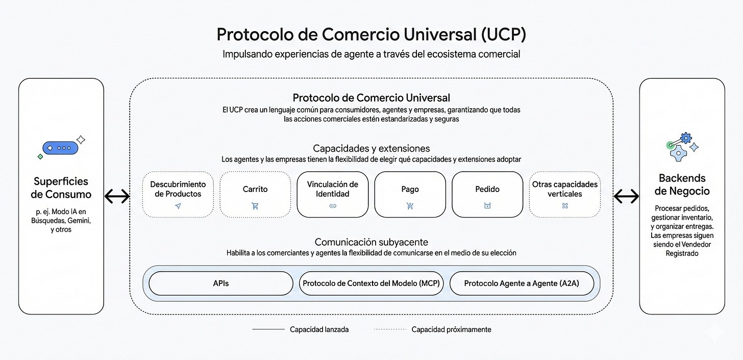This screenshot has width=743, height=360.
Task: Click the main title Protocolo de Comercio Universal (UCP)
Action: coord(371,34)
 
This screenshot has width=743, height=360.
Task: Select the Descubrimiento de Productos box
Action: coord(178,194)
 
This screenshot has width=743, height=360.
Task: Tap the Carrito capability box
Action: coord(255,194)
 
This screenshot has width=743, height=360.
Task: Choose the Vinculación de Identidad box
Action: coord(332,194)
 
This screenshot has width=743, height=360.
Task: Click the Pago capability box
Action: coord(410,194)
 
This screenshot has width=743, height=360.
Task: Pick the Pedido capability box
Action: coord(487,194)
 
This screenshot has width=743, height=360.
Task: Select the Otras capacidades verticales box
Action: coord(565,194)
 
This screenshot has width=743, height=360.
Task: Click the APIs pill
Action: coord(221,283)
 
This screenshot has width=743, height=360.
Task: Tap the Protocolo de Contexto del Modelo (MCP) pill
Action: coord(371,283)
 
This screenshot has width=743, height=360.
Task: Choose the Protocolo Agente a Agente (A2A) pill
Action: coord(522,283)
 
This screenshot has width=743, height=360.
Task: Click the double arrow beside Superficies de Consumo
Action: coord(117,196)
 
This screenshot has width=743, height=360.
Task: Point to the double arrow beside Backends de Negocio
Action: coord(626,196)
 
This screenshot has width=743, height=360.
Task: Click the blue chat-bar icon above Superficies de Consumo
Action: coord(61,148)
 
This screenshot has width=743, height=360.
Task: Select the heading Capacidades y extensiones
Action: coord(371,149)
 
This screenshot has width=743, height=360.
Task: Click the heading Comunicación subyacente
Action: coord(371,242)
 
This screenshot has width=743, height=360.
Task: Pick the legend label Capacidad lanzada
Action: coord(319,330)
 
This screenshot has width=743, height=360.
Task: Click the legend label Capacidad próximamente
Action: coord(451,330)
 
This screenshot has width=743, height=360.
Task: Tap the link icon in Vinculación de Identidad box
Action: coord(332,206)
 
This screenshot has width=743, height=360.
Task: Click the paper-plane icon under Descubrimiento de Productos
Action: coord(178,206)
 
